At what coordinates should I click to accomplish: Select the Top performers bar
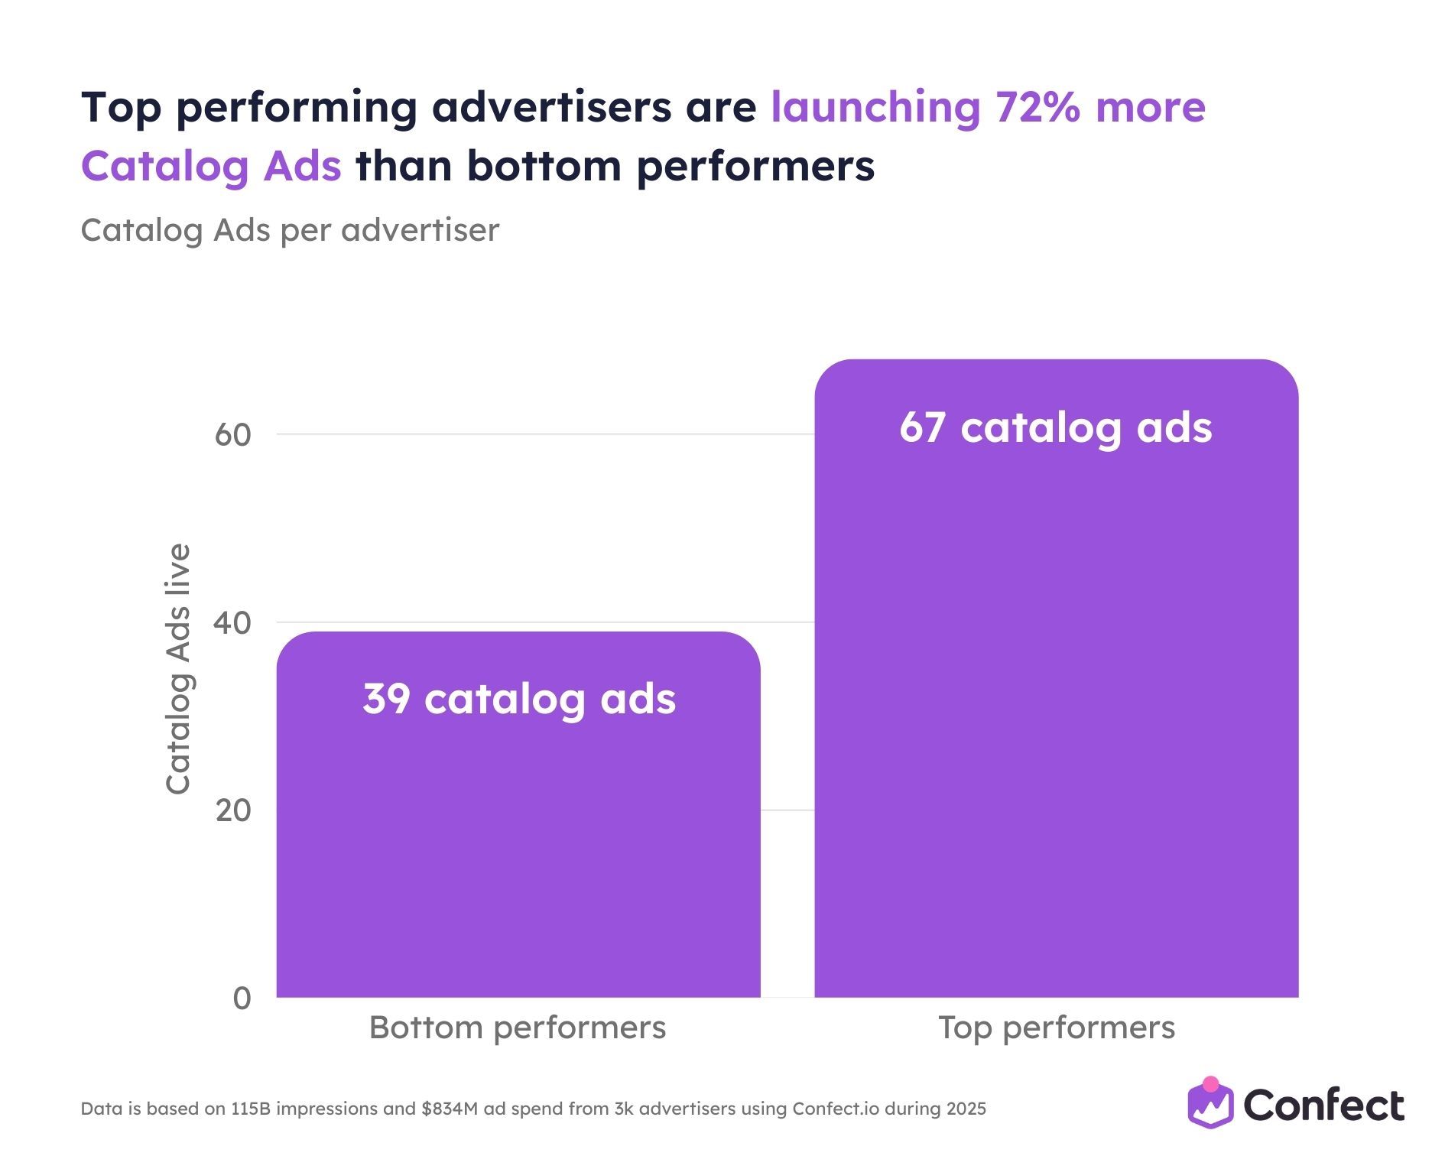[x=1056, y=688]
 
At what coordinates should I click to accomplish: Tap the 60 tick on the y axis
[x=232, y=435]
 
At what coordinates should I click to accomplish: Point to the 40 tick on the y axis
[x=232, y=623]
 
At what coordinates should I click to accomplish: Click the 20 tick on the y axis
[x=232, y=810]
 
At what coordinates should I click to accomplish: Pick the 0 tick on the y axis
[x=242, y=999]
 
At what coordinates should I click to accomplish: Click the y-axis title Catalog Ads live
[x=178, y=669]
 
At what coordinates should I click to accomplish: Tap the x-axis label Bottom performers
[x=518, y=1028]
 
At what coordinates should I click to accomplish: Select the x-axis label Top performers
[x=1056, y=1028]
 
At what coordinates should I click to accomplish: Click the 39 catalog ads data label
[x=519, y=699]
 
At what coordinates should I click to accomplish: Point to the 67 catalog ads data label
[x=1055, y=427]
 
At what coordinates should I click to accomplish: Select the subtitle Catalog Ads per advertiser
[x=290, y=230]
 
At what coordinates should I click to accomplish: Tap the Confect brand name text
[x=1323, y=1106]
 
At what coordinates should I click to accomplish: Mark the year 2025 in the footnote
[x=963, y=1109]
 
